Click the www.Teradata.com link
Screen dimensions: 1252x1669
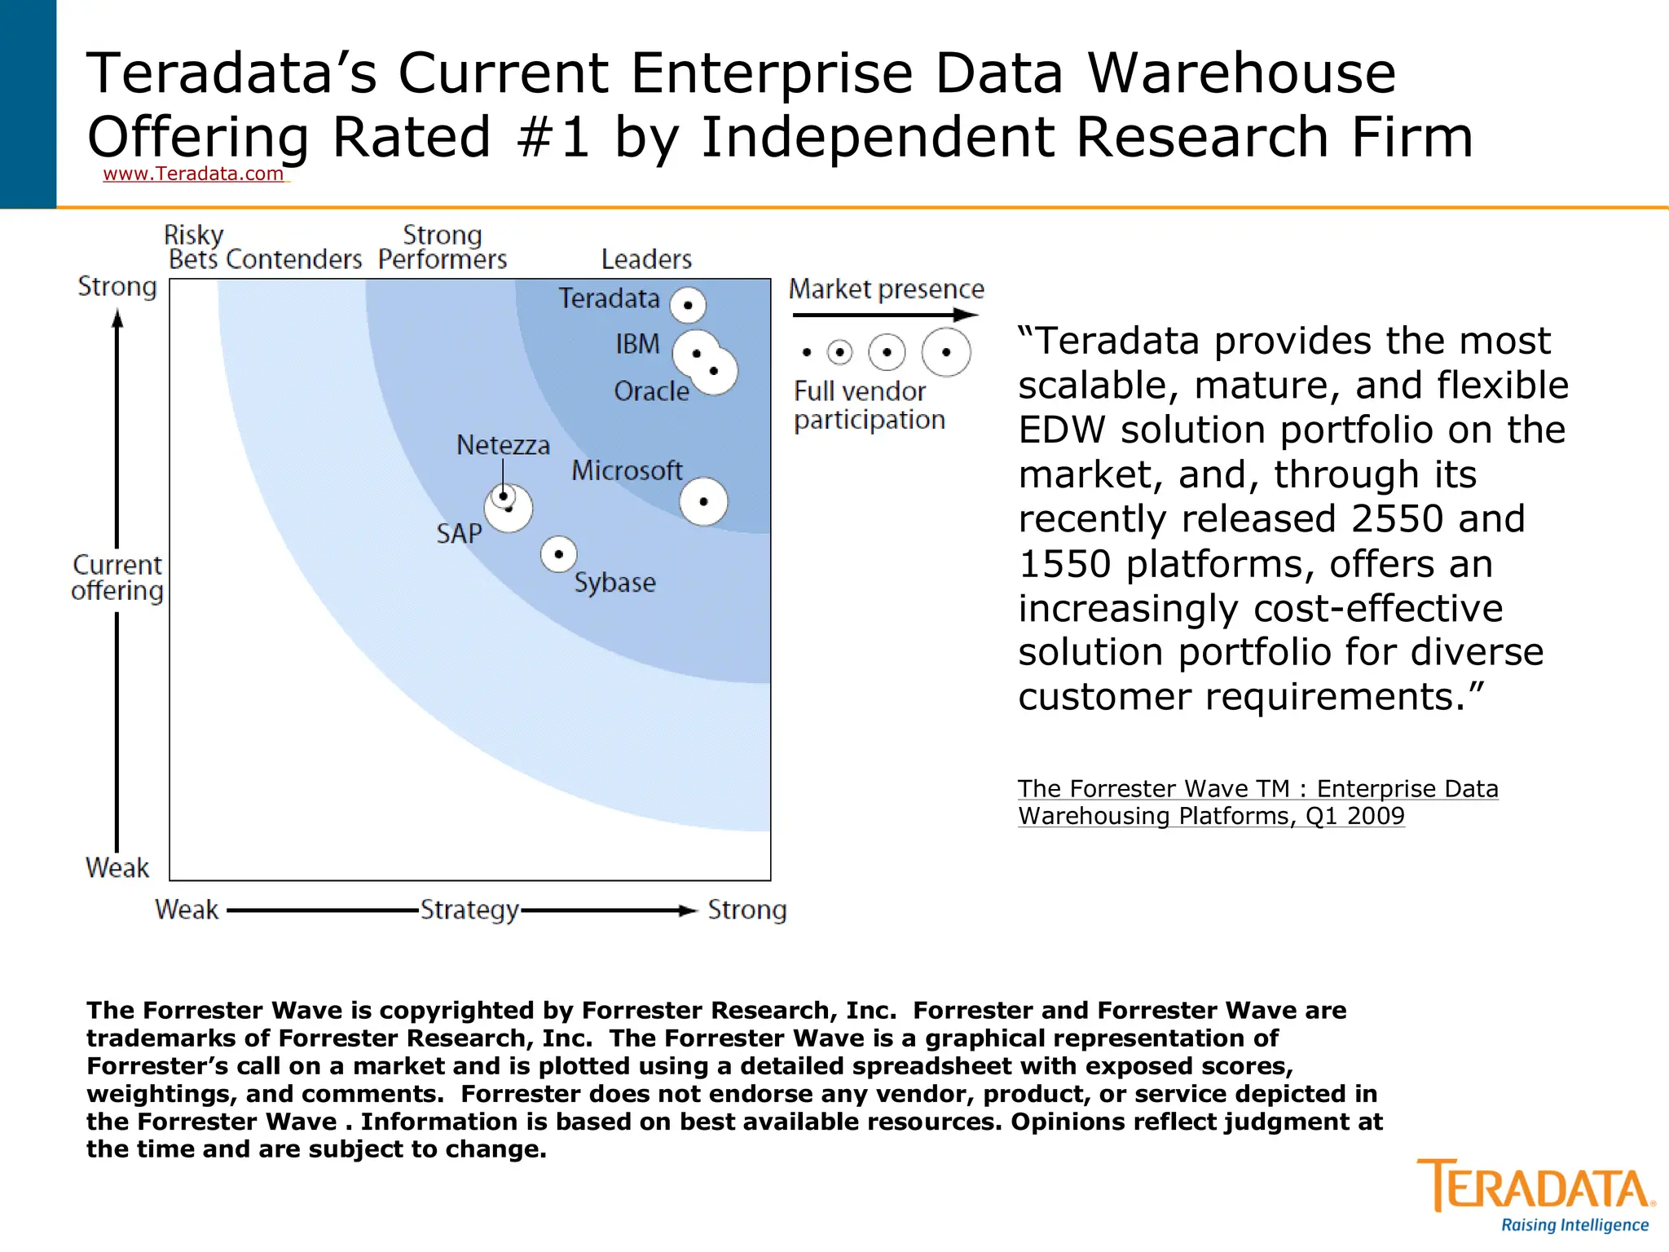tap(194, 174)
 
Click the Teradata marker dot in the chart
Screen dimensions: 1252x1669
tap(688, 306)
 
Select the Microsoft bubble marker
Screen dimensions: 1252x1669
tap(703, 501)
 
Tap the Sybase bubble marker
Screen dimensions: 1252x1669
tap(559, 554)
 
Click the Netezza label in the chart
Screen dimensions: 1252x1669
tap(503, 445)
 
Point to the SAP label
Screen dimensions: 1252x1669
tap(459, 534)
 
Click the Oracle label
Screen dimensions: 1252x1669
tap(651, 391)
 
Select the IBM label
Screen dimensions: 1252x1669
tap(637, 344)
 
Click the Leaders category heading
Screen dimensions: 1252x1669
tap(646, 259)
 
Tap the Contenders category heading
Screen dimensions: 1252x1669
tap(293, 259)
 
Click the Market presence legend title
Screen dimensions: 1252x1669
tap(886, 289)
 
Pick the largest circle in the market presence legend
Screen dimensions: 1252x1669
tap(946, 352)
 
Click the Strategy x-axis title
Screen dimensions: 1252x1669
tap(469, 910)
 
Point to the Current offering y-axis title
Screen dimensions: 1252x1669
tap(117, 577)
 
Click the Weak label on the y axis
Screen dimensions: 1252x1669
tap(117, 867)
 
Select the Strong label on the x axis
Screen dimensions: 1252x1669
tap(746, 910)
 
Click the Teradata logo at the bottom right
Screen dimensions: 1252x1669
tap(1535, 1194)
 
